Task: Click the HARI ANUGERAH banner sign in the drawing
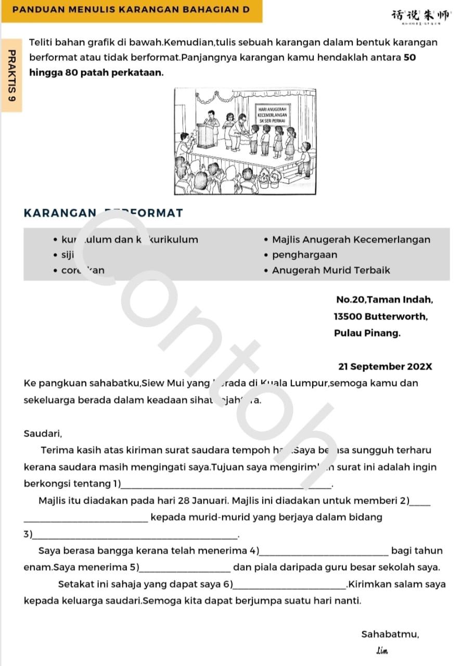point(272,113)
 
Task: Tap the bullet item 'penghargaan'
point(304,255)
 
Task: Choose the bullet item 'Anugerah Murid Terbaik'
point(331,270)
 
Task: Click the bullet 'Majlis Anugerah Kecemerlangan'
point(351,240)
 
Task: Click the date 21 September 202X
point(385,366)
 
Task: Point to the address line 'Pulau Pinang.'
point(367,333)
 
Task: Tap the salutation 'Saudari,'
point(43,433)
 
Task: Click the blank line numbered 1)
point(226,486)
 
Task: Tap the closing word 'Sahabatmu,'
point(390,634)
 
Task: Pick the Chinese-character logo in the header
point(422,15)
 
